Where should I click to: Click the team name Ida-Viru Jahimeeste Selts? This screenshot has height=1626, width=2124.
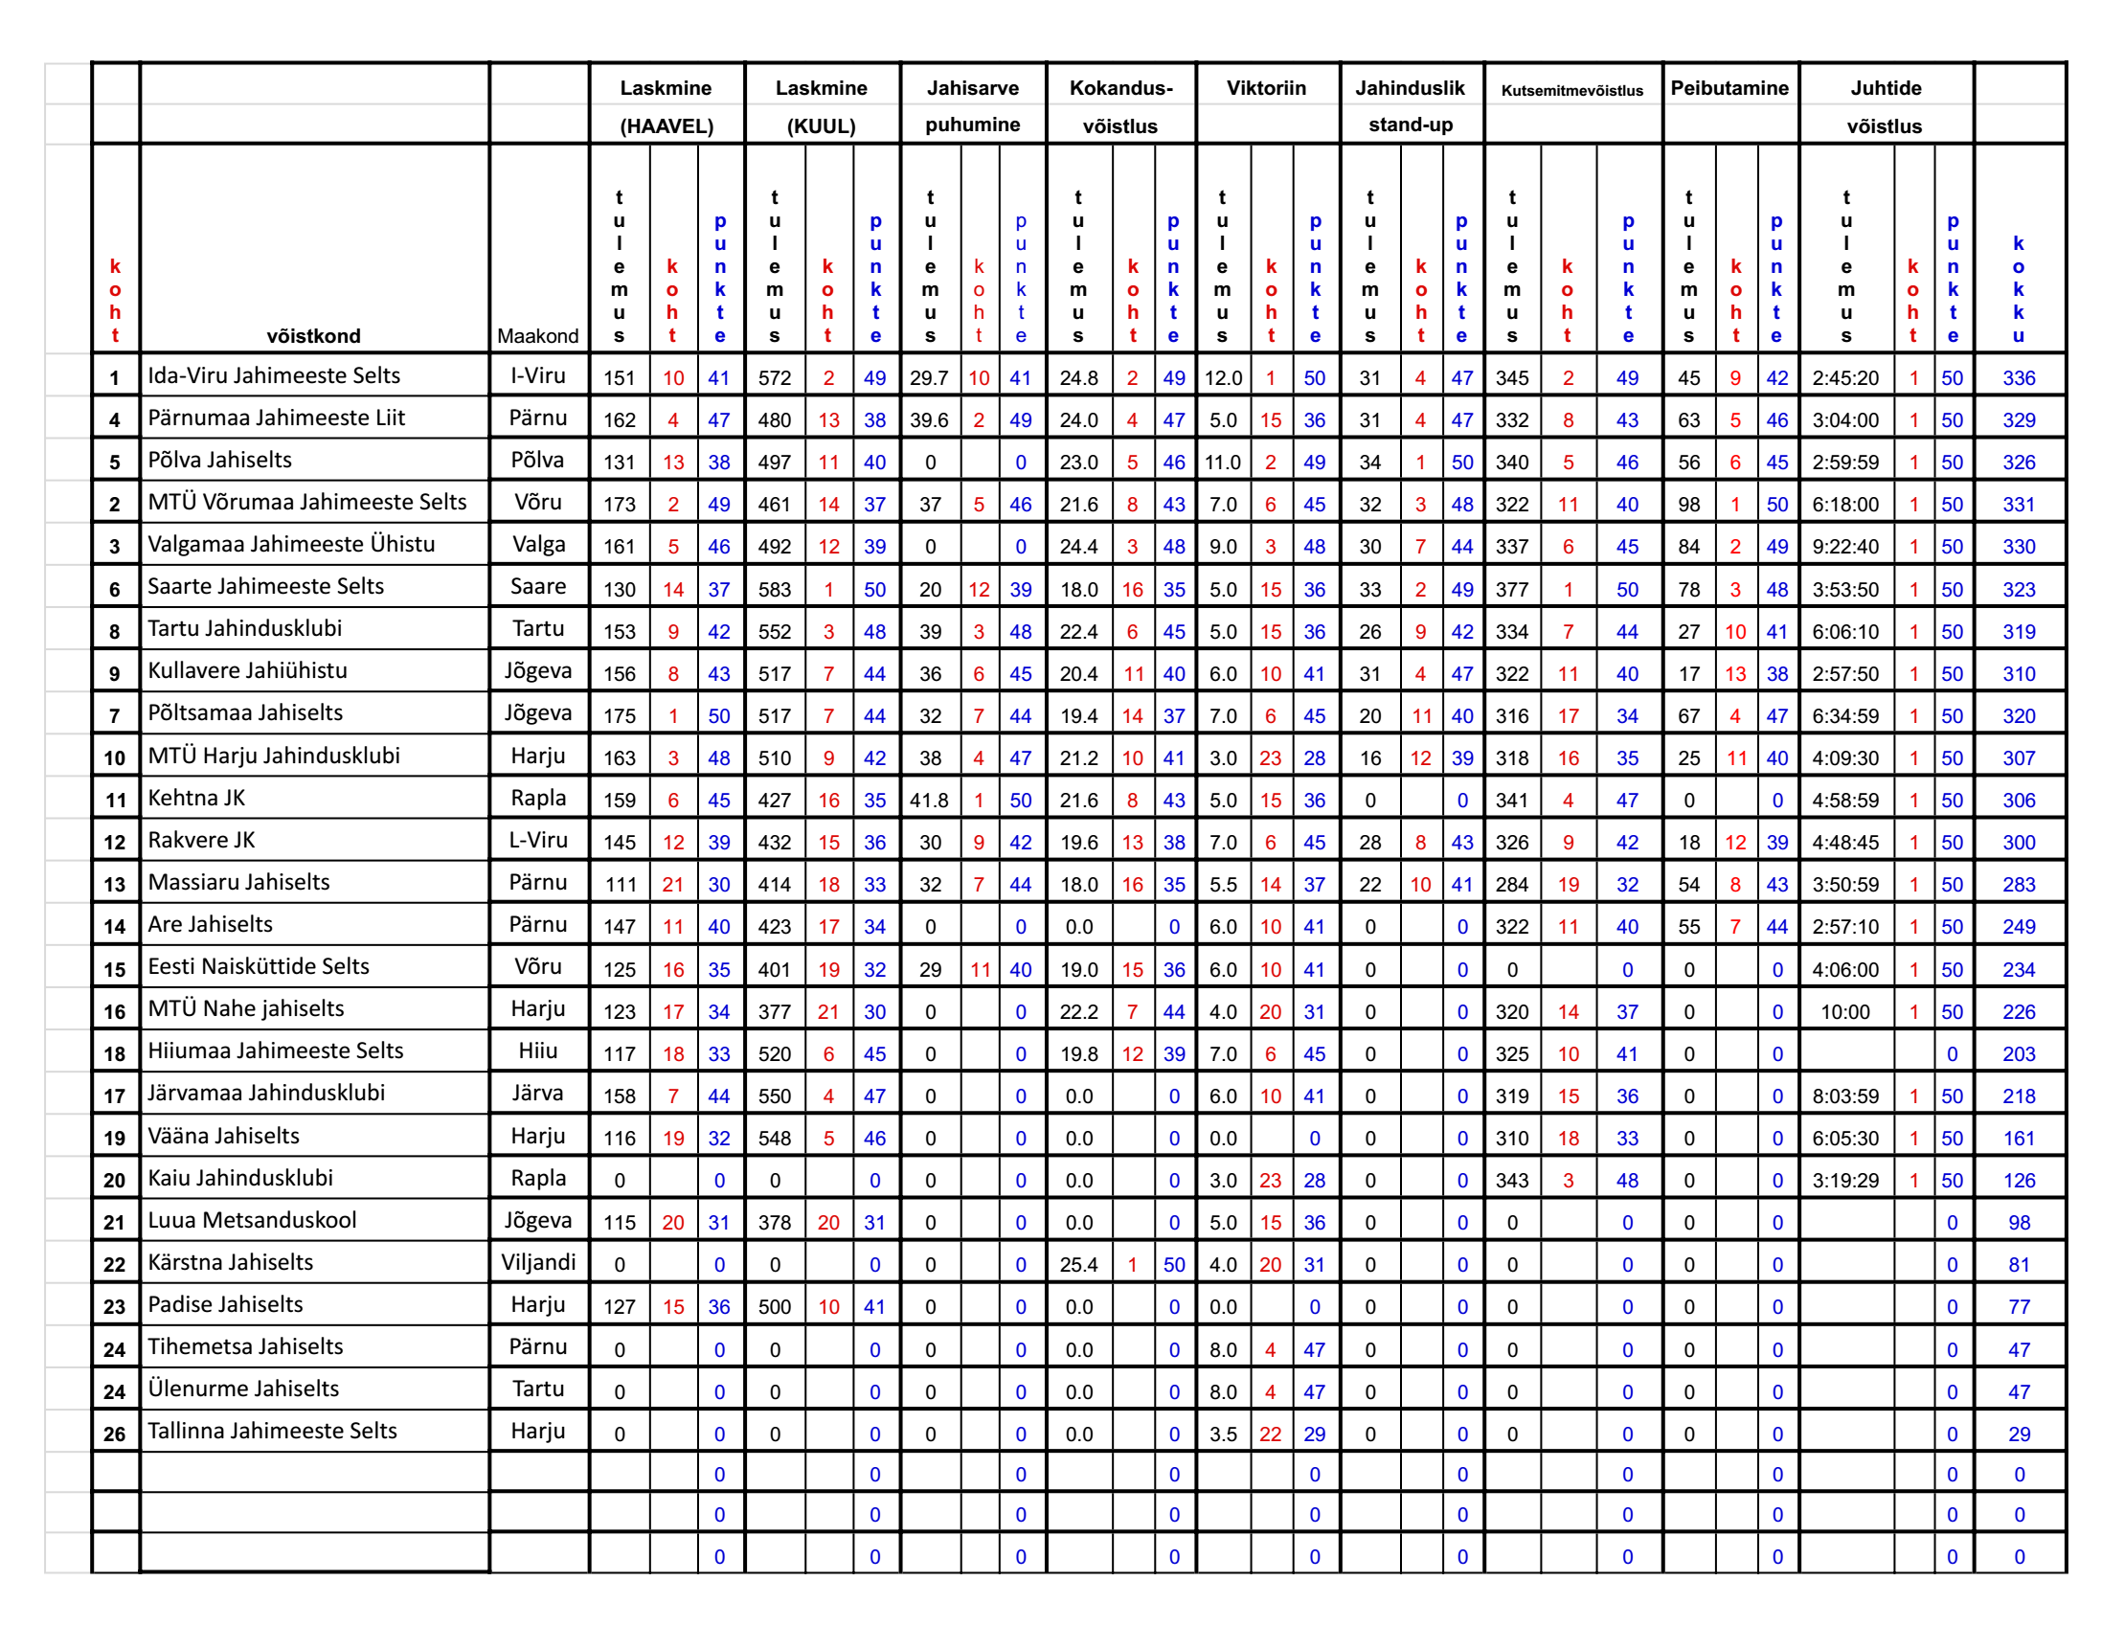pos(273,375)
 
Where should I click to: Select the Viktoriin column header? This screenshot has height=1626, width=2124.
pos(1266,88)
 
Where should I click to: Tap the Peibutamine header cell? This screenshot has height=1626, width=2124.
pos(1729,88)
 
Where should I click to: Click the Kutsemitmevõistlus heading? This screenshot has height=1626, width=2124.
pos(1571,91)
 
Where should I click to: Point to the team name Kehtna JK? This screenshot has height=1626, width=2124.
pos(196,799)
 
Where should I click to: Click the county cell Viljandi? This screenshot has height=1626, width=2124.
pos(538,1263)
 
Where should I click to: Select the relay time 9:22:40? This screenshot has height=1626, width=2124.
pos(1845,547)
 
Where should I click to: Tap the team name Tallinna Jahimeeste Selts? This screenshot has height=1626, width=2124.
pos(272,1432)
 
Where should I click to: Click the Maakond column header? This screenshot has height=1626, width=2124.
pos(538,336)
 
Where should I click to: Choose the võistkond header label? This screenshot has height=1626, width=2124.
pos(313,336)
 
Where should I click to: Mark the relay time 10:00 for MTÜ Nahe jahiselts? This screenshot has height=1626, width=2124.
pos(1845,1012)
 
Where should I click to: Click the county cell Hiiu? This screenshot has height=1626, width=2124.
pos(538,1051)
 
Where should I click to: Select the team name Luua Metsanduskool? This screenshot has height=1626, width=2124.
pos(252,1221)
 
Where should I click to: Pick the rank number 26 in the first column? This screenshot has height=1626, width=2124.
pos(114,1434)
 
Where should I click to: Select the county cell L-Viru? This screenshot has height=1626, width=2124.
pos(538,840)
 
